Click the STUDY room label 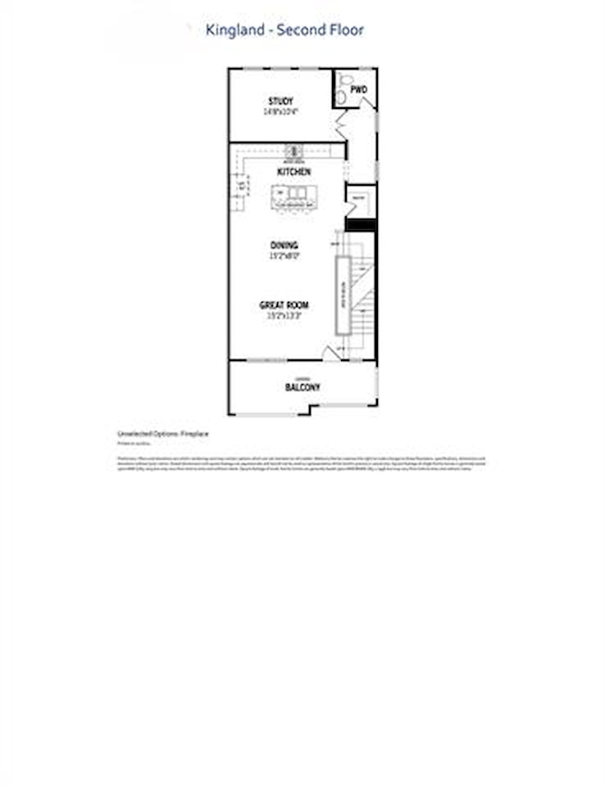tap(280, 102)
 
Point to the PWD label tap(358, 88)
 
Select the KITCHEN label tap(293, 173)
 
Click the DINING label tap(284, 245)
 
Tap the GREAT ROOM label tap(284, 305)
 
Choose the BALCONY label tap(302, 387)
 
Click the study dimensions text tap(280, 111)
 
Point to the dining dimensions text tap(284, 255)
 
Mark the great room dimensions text tap(284, 315)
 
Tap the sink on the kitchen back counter tap(293, 151)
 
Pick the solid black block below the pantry tap(361, 224)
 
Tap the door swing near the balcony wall tap(332, 353)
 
